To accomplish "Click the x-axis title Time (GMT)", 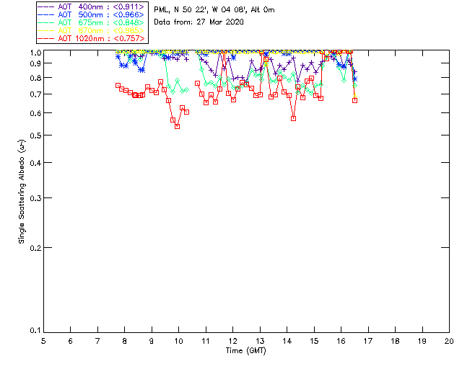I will [x=246, y=350].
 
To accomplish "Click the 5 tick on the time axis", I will [x=43, y=340].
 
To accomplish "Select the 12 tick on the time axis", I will [x=232, y=340].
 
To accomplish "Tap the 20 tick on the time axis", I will [x=449, y=340].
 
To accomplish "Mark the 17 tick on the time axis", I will [x=368, y=340].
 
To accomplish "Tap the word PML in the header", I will [x=162, y=9].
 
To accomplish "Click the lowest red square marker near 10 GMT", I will [x=177, y=126].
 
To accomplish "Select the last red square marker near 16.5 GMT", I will [x=354, y=100].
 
